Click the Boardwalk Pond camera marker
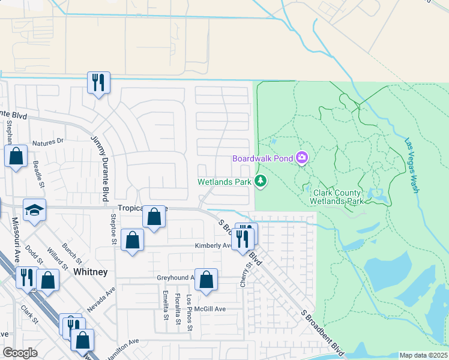[302, 158]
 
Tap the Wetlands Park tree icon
[261, 180]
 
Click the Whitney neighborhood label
[90, 272]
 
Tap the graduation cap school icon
[35, 211]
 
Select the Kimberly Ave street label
[212, 246]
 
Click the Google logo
[20, 353]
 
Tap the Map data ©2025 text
[423, 355]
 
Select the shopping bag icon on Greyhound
[206, 279]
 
